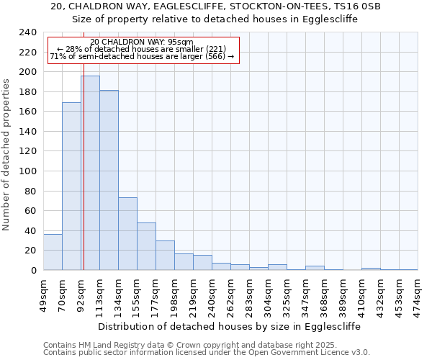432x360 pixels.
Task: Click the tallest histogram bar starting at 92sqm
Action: point(90,173)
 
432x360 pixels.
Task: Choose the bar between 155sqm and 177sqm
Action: point(146,246)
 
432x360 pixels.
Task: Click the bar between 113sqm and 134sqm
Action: point(109,180)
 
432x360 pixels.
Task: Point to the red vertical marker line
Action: point(84,158)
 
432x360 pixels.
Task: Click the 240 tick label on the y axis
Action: point(28,32)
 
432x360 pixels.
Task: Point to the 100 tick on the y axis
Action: point(28,171)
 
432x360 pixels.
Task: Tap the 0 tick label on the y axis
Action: point(34,271)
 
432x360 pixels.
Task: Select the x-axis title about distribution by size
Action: point(228,326)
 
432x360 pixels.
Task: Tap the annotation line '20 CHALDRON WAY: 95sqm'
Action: point(142,42)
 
